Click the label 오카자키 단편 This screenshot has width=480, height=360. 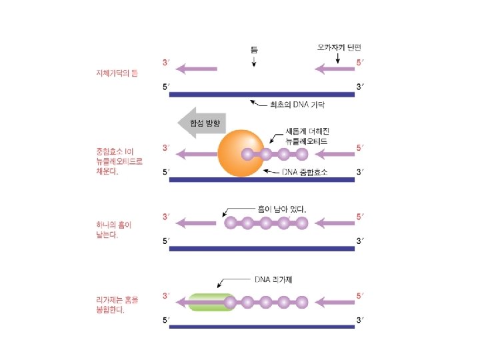[339, 48]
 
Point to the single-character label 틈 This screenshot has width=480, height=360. [254, 49]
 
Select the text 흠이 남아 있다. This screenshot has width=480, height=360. [282, 209]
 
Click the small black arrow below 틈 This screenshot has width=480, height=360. [254, 61]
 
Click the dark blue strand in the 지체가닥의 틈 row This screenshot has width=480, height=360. [262, 94]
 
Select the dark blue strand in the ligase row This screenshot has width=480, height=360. [262, 327]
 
